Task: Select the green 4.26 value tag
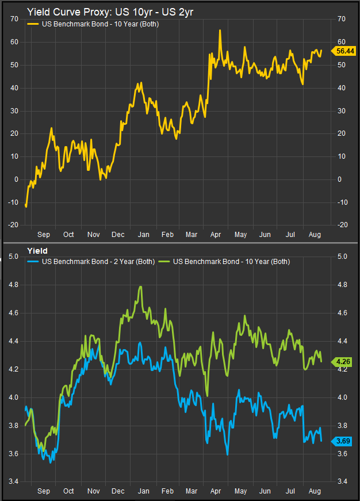pyautogui.click(x=344, y=362)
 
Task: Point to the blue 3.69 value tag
pyautogui.click(x=344, y=441)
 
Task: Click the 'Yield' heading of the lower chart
pyautogui.click(x=37, y=251)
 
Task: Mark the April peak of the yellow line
pyautogui.click(x=220, y=30)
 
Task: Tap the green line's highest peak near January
pyautogui.click(x=140, y=286)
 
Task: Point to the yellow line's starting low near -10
pyautogui.click(x=26, y=205)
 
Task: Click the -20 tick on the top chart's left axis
pyautogui.click(x=13, y=225)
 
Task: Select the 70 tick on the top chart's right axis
pyautogui.click(x=340, y=20)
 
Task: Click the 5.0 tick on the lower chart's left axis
pyautogui.click(x=14, y=257)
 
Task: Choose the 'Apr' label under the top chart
pyautogui.click(x=216, y=235)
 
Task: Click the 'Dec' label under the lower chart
pyautogui.click(x=118, y=492)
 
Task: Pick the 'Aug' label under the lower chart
pyautogui.click(x=315, y=492)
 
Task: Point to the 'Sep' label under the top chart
pyautogui.click(x=43, y=235)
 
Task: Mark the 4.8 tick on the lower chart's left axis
pyautogui.click(x=14, y=285)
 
